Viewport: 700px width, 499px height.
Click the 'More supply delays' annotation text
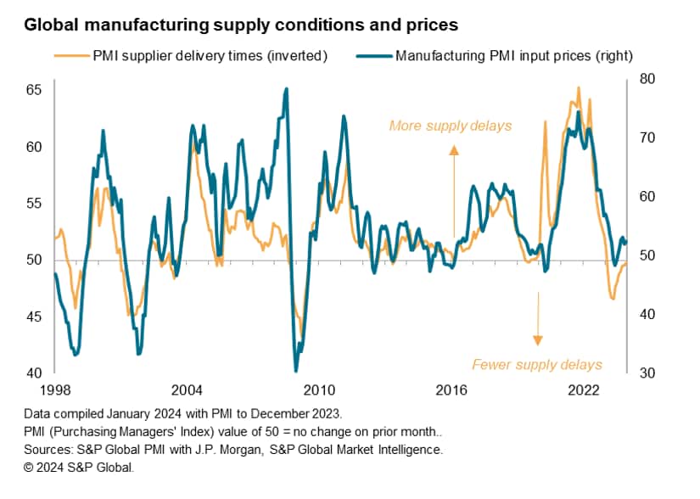click(450, 126)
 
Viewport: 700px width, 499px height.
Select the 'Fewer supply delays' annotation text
click(536, 365)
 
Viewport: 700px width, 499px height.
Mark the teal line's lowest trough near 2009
click(296, 370)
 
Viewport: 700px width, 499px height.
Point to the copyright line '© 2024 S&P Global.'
click(79, 466)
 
